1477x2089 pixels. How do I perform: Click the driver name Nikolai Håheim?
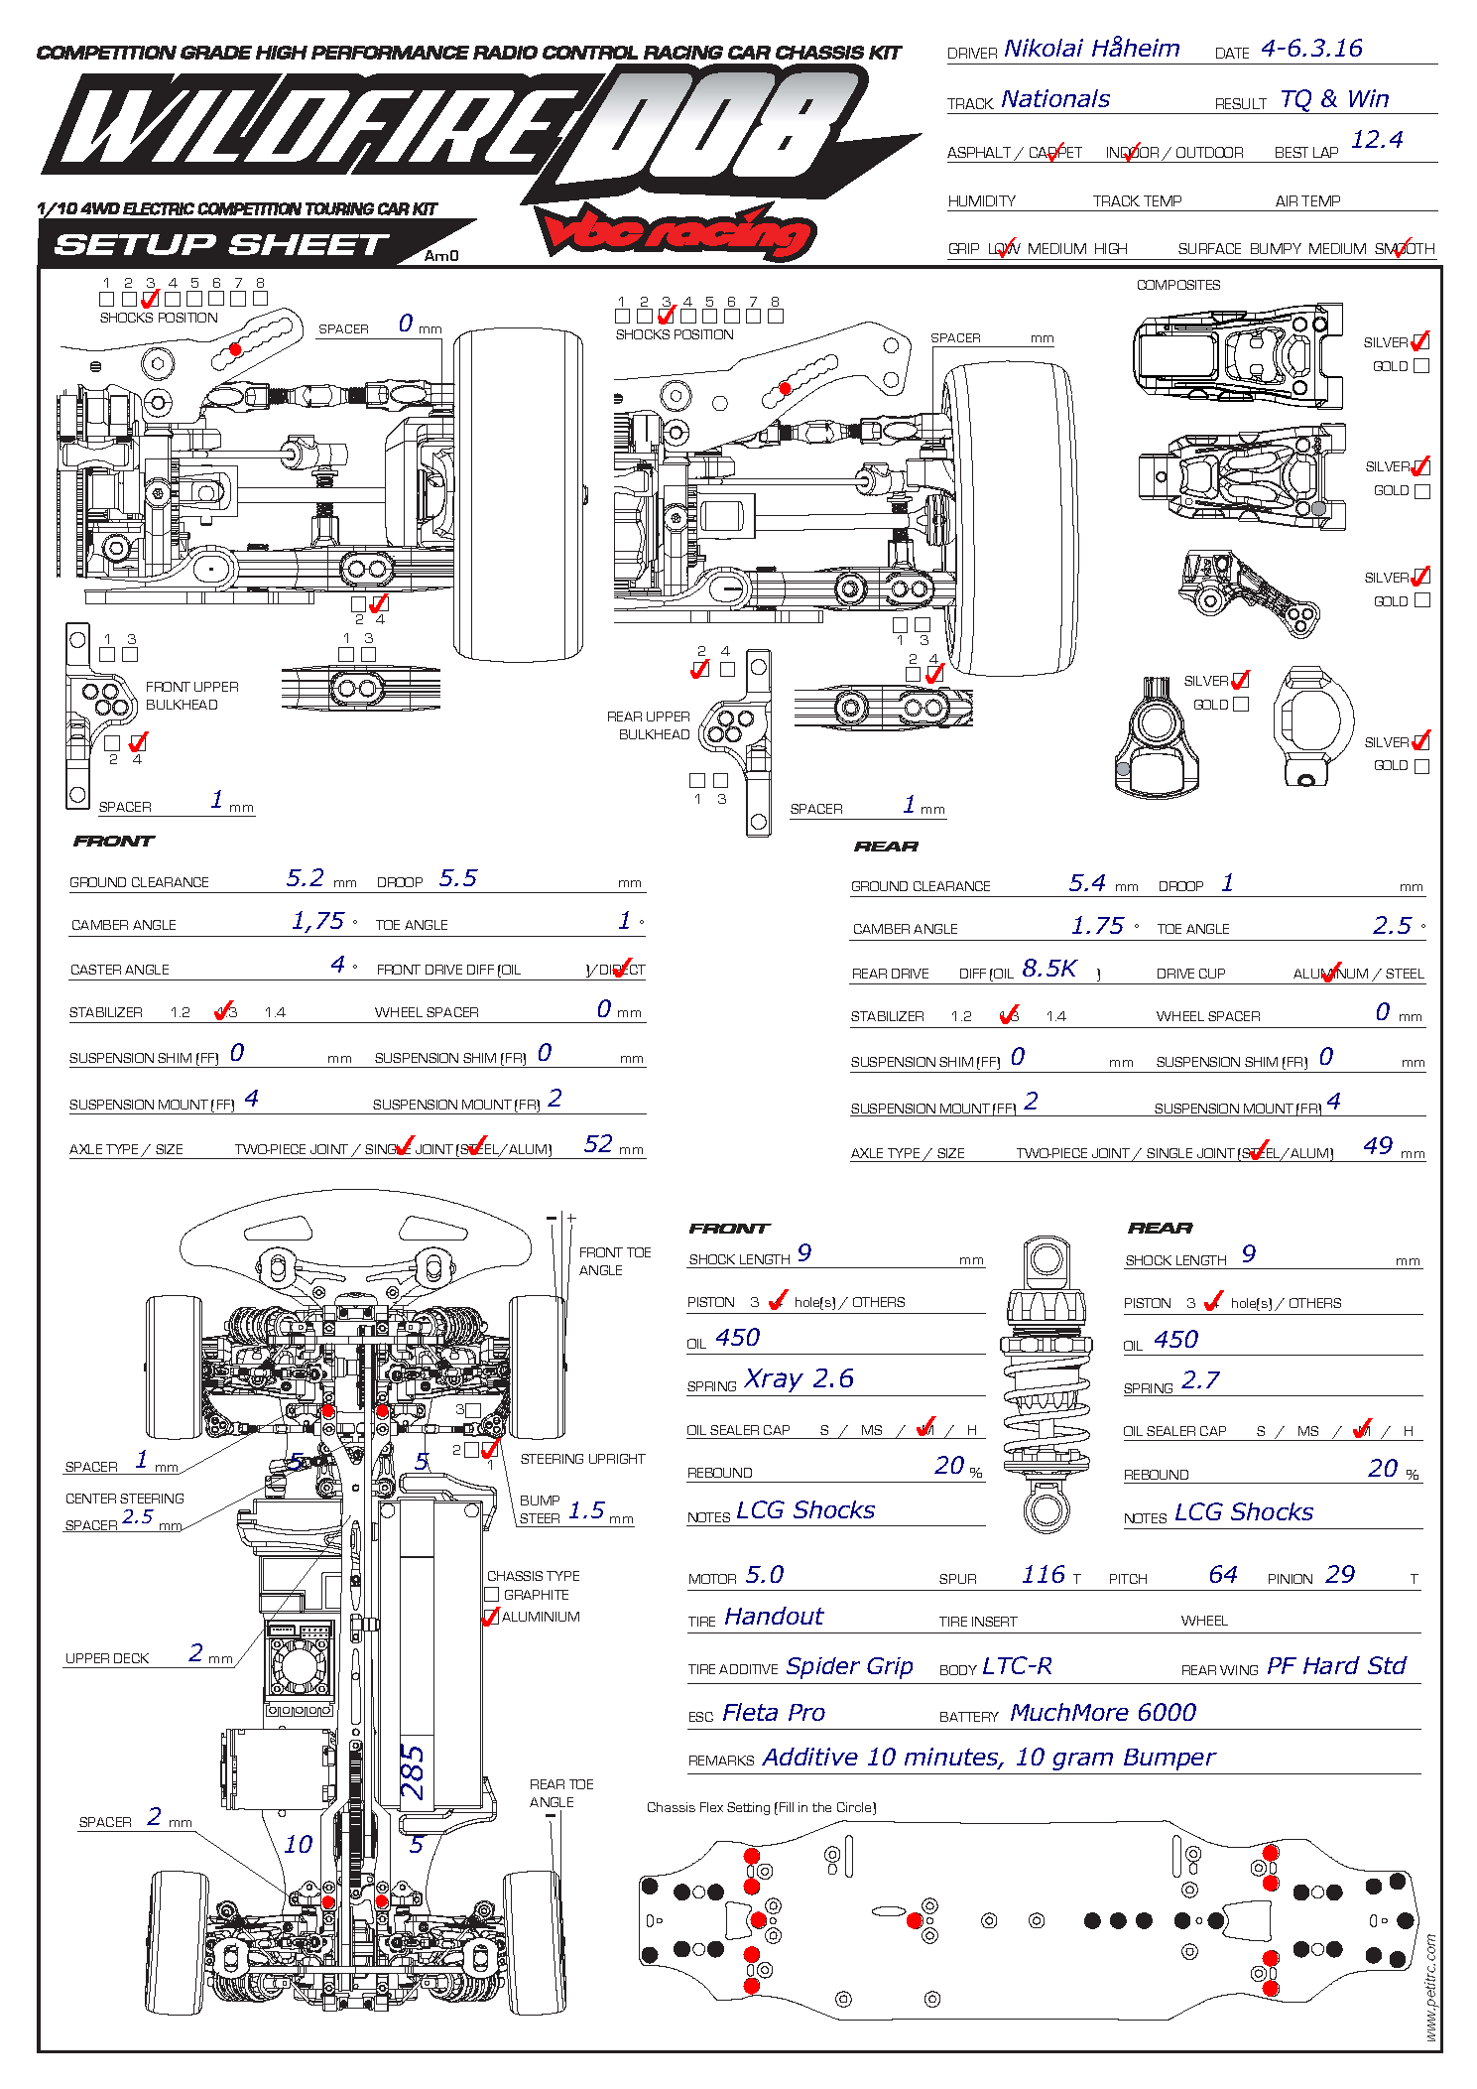[1091, 49]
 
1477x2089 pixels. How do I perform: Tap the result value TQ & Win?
[1334, 99]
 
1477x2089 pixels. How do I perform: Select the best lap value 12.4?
[1377, 140]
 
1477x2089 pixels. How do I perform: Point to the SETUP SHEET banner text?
[221, 244]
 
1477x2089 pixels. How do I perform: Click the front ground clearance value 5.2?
[306, 878]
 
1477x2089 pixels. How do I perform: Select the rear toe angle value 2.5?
[1392, 926]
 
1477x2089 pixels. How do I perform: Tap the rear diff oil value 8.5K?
[1048, 969]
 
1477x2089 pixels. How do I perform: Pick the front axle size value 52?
[598, 1144]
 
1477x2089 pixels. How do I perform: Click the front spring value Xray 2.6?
[799, 1378]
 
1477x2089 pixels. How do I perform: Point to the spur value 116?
[1044, 1575]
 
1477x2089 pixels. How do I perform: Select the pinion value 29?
[1340, 1575]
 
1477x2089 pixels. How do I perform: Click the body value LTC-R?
[1017, 1666]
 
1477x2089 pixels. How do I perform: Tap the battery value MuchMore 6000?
[1102, 1713]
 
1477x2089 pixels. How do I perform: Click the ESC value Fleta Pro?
[774, 1713]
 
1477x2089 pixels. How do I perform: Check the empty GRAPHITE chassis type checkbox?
[492, 1595]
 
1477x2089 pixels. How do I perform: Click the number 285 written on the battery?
[413, 1772]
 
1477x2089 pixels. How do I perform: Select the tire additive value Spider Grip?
[849, 1666]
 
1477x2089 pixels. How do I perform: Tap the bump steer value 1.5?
[586, 1510]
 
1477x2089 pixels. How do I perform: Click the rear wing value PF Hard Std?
[1336, 1666]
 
